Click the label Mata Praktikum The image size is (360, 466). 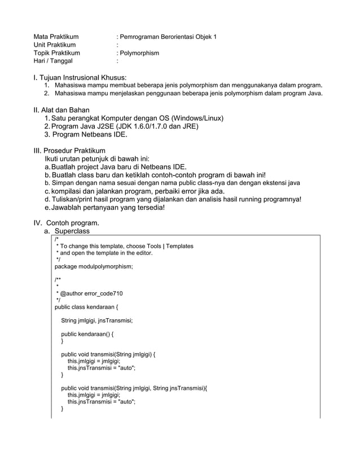tap(56, 37)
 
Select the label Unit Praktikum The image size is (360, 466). tap(55, 45)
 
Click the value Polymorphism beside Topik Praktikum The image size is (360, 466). tap(139, 54)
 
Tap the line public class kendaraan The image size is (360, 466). tap(86, 307)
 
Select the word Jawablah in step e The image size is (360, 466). tap(67, 207)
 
